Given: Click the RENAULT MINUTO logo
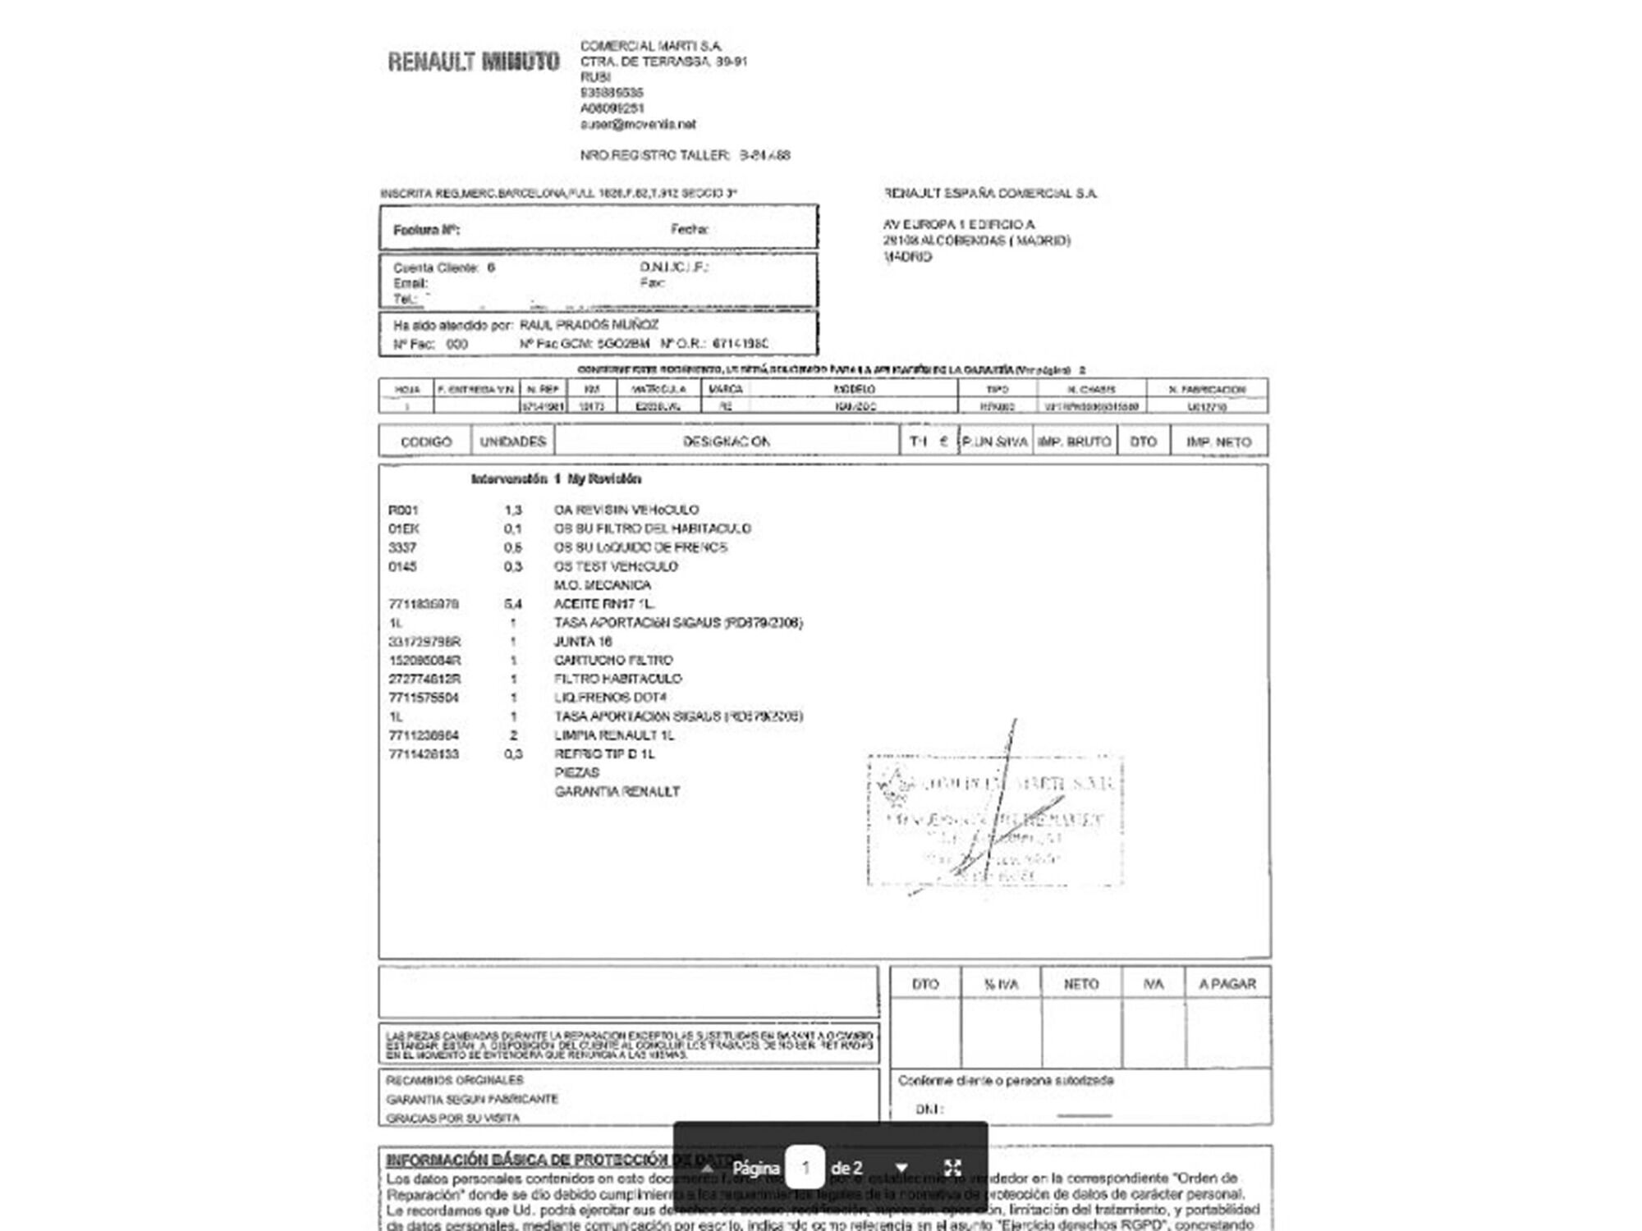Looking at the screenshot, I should [474, 62].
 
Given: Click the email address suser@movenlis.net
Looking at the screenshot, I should [638, 124].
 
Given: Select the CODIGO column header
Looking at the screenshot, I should [425, 442].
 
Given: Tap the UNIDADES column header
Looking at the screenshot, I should [513, 442].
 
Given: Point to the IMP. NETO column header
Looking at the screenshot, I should [1218, 442].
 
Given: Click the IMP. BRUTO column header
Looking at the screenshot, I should [1074, 442].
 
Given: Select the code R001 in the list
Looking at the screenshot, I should [403, 510].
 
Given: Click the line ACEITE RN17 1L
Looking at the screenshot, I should [604, 604].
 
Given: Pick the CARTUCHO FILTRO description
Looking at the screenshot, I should [613, 660].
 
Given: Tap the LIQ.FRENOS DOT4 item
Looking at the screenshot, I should [610, 698].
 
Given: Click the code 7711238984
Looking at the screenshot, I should [424, 735].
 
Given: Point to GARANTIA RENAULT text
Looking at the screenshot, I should [617, 792].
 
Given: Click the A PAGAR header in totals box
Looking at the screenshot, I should [1227, 984].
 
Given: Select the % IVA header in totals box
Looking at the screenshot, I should [1001, 984].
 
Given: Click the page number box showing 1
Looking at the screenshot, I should [805, 1167].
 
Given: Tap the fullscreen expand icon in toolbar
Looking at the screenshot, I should [952, 1167].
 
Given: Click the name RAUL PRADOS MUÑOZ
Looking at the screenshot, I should [589, 325].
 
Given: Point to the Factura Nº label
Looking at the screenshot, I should [426, 230].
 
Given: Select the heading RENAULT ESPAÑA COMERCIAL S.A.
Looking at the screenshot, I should [990, 194].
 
